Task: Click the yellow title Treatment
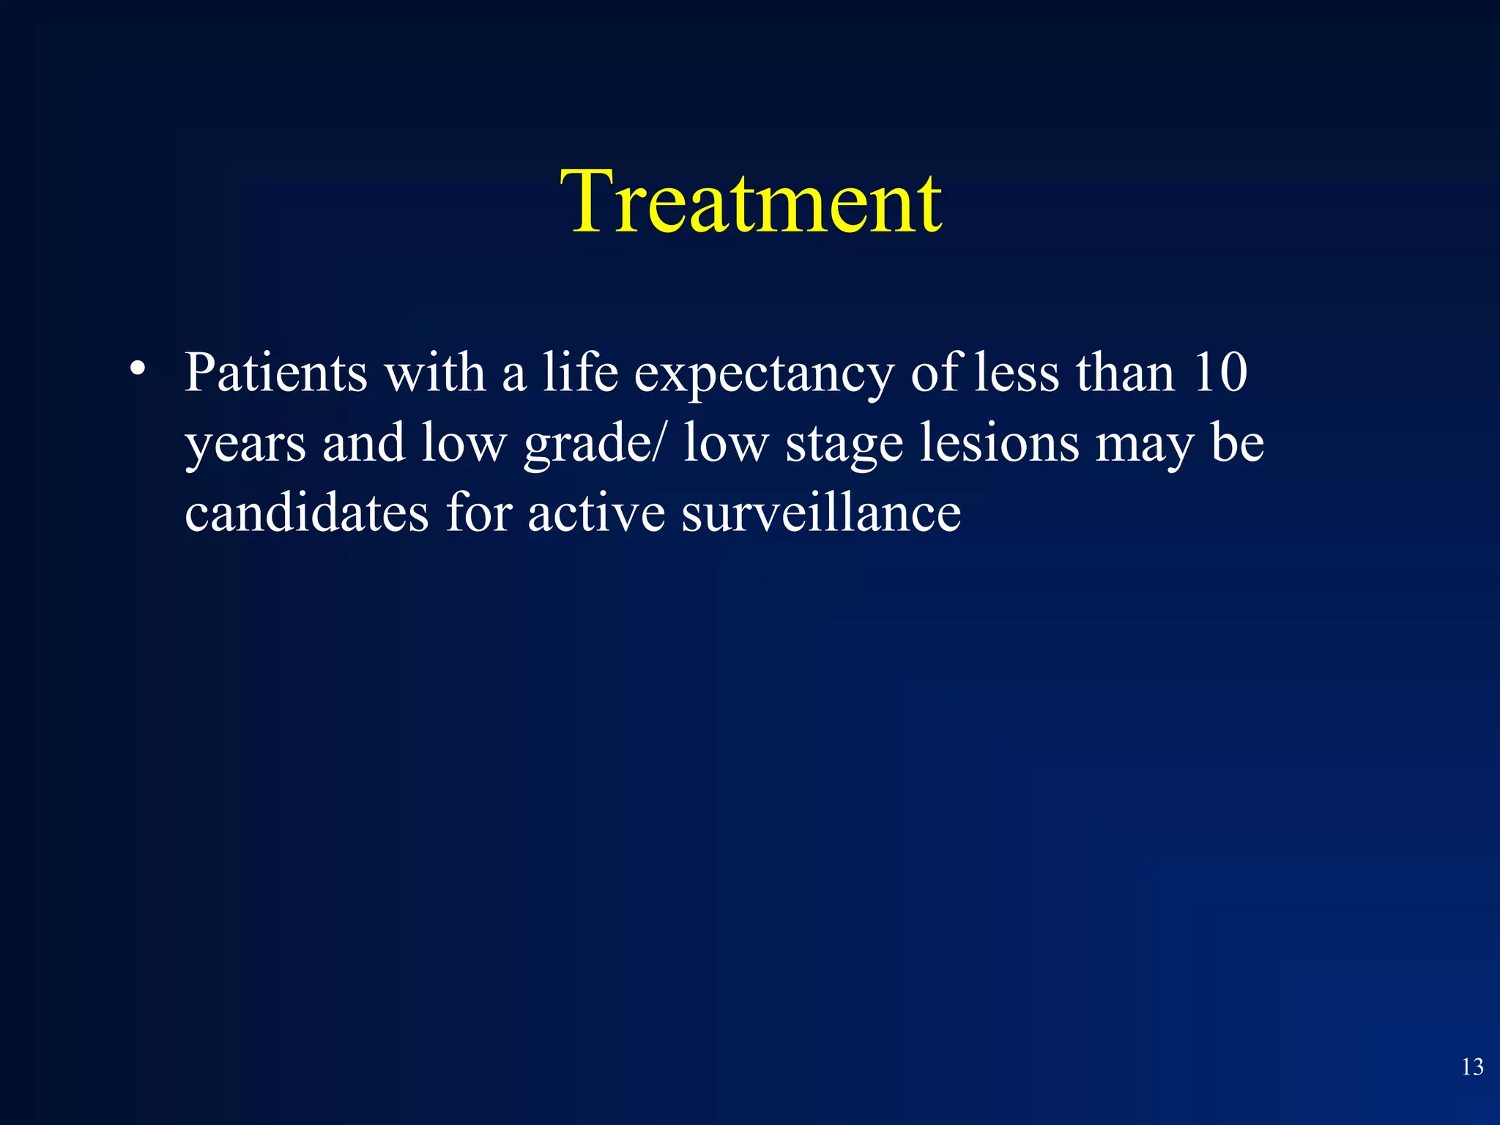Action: click(x=751, y=201)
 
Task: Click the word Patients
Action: click(x=275, y=373)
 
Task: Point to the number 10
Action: click(x=1220, y=373)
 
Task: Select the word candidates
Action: click(x=306, y=512)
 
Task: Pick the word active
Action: click(x=596, y=512)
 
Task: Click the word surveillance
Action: click(x=821, y=512)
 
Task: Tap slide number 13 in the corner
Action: click(x=1472, y=1067)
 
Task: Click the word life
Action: click(x=579, y=373)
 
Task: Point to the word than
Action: click(x=1125, y=373)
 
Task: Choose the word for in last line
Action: click(x=479, y=512)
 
